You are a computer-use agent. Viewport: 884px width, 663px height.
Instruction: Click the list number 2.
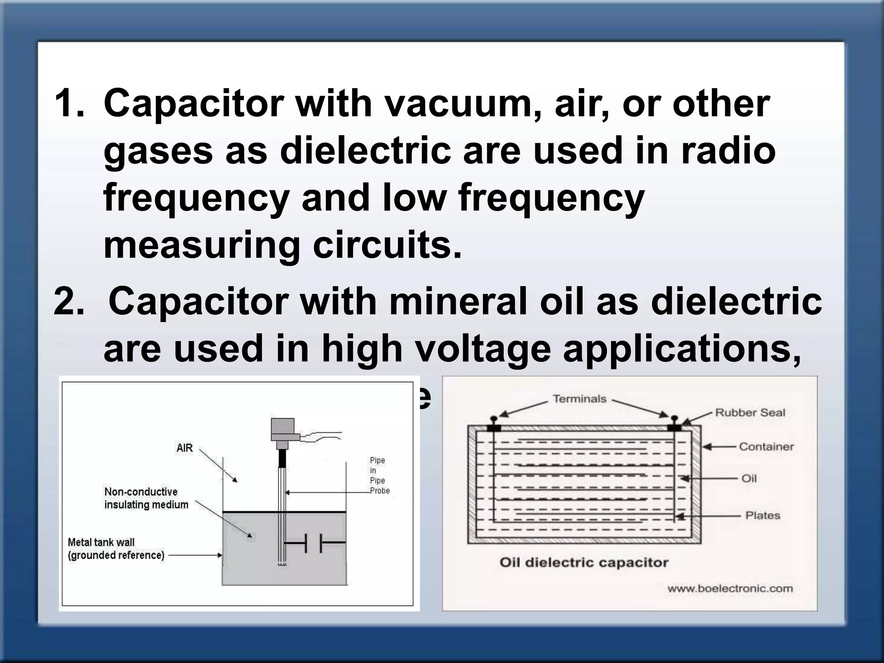[68, 302]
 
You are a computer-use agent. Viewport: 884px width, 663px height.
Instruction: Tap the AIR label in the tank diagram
[185, 448]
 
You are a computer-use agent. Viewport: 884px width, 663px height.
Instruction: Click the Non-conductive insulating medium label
[146, 498]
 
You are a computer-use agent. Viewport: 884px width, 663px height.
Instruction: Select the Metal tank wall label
[116, 549]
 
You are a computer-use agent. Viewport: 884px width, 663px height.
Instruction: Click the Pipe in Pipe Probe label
[379, 475]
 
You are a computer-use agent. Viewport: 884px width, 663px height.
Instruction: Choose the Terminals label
[580, 399]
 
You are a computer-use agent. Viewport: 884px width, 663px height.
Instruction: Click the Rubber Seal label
[750, 413]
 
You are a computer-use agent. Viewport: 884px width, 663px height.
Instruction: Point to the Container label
[766, 447]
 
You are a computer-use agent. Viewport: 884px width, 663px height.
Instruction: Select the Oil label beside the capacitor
[749, 478]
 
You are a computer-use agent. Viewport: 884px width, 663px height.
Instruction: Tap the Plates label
[763, 515]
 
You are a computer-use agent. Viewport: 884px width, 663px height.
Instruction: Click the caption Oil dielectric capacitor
[584, 562]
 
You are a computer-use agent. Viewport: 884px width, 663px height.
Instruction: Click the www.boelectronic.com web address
[730, 588]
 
